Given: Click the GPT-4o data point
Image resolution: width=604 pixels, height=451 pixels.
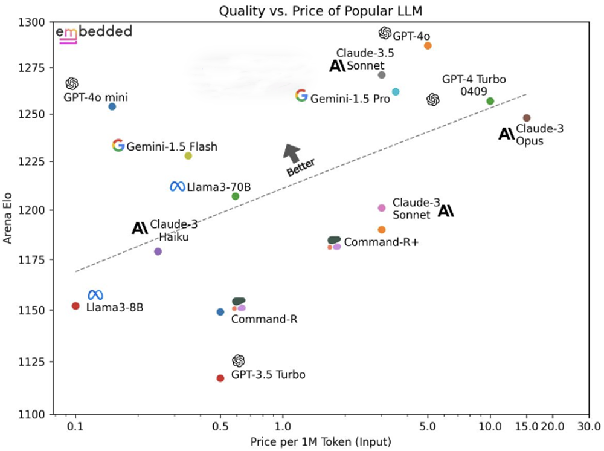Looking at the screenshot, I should (x=428, y=45).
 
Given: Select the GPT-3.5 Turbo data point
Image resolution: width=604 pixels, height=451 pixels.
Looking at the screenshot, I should (x=220, y=378).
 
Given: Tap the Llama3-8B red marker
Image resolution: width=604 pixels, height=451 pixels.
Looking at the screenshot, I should (x=75, y=306).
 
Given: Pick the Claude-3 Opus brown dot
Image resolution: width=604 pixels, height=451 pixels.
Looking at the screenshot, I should (x=527, y=118).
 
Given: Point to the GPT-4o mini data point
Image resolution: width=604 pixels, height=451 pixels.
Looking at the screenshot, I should (x=112, y=106).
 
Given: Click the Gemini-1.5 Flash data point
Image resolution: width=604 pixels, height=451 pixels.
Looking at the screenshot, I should (x=188, y=156).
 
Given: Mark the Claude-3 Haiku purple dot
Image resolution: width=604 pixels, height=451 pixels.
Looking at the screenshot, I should (x=158, y=251).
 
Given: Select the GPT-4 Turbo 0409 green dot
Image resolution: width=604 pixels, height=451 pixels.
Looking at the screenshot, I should (x=490, y=101).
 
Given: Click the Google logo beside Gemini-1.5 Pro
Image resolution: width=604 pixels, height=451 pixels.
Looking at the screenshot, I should (x=301, y=96).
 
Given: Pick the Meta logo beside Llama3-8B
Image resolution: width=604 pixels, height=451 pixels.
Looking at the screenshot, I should (x=95, y=295).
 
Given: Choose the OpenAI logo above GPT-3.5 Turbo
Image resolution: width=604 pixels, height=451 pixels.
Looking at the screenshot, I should (x=239, y=361).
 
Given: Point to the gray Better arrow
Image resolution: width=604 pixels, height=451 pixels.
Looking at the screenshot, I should (x=292, y=153).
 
